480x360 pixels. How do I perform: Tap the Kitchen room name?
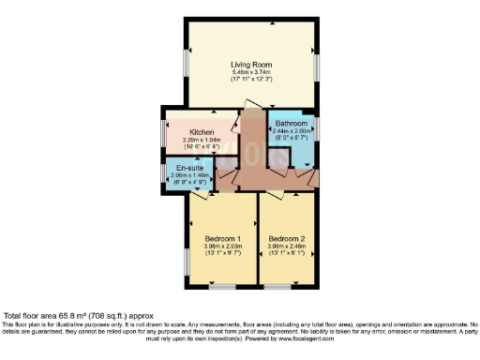[202, 132]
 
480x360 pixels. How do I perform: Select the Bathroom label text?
[292, 123]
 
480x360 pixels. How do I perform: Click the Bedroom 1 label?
[223, 239]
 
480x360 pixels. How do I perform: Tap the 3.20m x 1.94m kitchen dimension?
[202, 141]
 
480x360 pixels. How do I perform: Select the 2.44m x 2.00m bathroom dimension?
[292, 131]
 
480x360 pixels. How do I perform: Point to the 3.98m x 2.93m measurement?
[223, 247]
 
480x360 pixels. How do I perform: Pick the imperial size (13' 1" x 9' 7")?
[223, 255]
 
